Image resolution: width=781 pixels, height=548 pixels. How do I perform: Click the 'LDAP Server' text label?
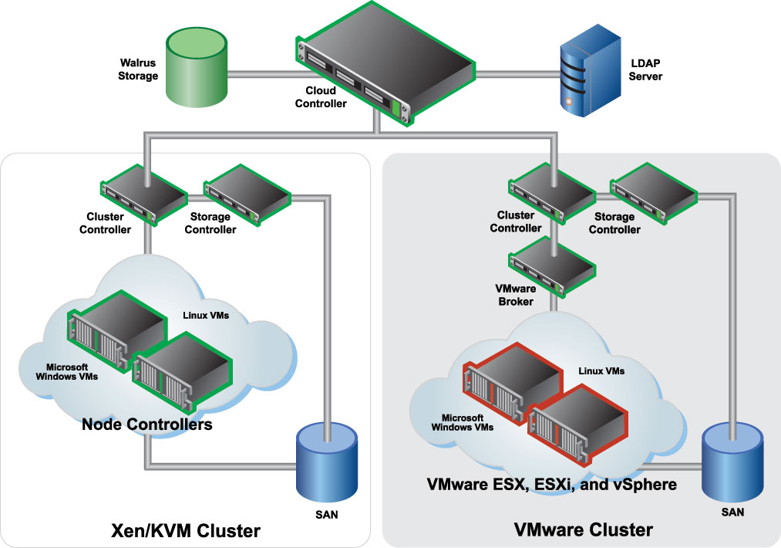pos(645,70)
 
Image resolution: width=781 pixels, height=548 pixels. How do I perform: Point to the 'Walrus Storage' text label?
pos(139,69)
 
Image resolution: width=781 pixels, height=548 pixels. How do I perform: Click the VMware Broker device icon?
pos(551,263)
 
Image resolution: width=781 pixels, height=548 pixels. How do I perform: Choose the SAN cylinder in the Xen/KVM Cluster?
pos(328,463)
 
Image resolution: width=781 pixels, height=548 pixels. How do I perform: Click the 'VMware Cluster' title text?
pos(584,530)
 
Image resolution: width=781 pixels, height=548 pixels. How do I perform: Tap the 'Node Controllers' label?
pos(146,425)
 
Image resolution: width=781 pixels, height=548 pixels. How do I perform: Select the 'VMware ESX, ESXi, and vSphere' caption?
pos(552,485)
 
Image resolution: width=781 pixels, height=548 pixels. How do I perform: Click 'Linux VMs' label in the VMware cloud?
pos(601,371)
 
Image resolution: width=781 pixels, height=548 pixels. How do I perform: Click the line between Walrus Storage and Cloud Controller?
pos(262,75)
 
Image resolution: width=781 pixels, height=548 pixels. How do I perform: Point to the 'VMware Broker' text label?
pos(515,294)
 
